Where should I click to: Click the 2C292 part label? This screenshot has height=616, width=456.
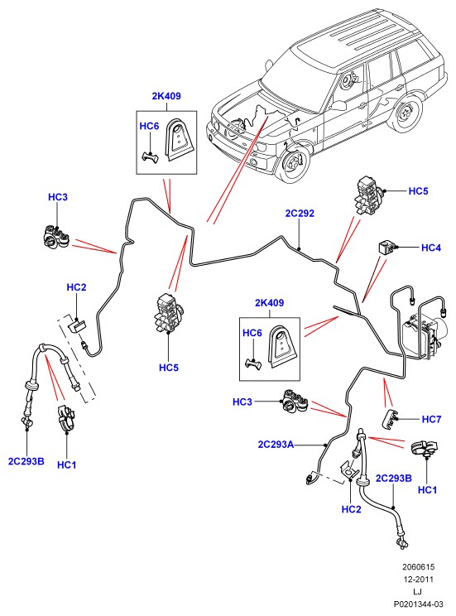click(x=300, y=214)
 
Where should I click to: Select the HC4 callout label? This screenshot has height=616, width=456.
click(x=431, y=248)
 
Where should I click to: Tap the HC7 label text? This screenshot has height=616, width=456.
click(x=431, y=420)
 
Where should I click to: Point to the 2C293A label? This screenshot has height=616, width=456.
click(x=276, y=445)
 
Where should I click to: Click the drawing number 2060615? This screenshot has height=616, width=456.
click(x=418, y=567)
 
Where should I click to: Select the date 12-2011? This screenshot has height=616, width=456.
click(x=418, y=579)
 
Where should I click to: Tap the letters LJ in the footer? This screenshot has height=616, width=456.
click(x=417, y=592)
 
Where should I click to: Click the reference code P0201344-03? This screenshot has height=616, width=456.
click(x=419, y=604)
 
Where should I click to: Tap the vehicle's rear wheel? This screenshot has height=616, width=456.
click(x=405, y=113)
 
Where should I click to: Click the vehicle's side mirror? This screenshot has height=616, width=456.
click(x=338, y=105)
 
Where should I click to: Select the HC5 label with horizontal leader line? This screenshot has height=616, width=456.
click(x=418, y=191)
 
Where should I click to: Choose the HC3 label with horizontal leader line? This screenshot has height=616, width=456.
click(x=242, y=402)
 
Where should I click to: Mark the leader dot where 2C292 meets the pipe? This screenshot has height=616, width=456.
click(x=300, y=248)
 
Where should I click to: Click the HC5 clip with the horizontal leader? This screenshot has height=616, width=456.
click(x=369, y=195)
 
